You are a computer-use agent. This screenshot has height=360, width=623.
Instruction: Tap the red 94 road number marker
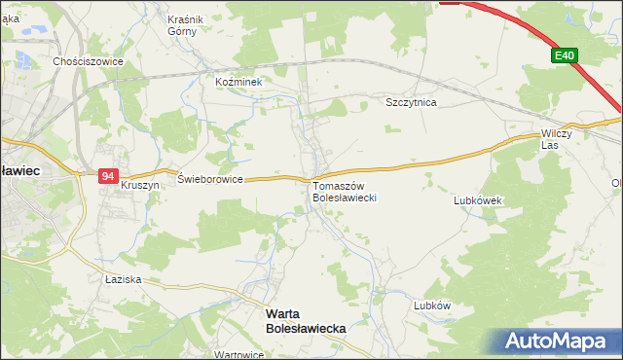[107, 176]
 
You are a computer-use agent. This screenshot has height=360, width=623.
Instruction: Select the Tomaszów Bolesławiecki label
[344, 191]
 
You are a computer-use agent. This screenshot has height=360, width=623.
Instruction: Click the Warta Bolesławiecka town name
[306, 322]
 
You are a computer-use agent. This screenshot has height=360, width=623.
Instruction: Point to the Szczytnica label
[411, 102]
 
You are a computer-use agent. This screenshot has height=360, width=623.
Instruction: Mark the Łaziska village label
[124, 279]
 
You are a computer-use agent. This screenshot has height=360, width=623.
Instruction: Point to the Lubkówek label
[477, 200]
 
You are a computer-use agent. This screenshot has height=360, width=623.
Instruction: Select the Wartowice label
[239, 355]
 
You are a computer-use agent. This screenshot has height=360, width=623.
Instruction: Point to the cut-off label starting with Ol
[616, 183]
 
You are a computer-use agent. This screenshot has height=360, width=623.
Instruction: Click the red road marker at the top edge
[450, 2]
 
